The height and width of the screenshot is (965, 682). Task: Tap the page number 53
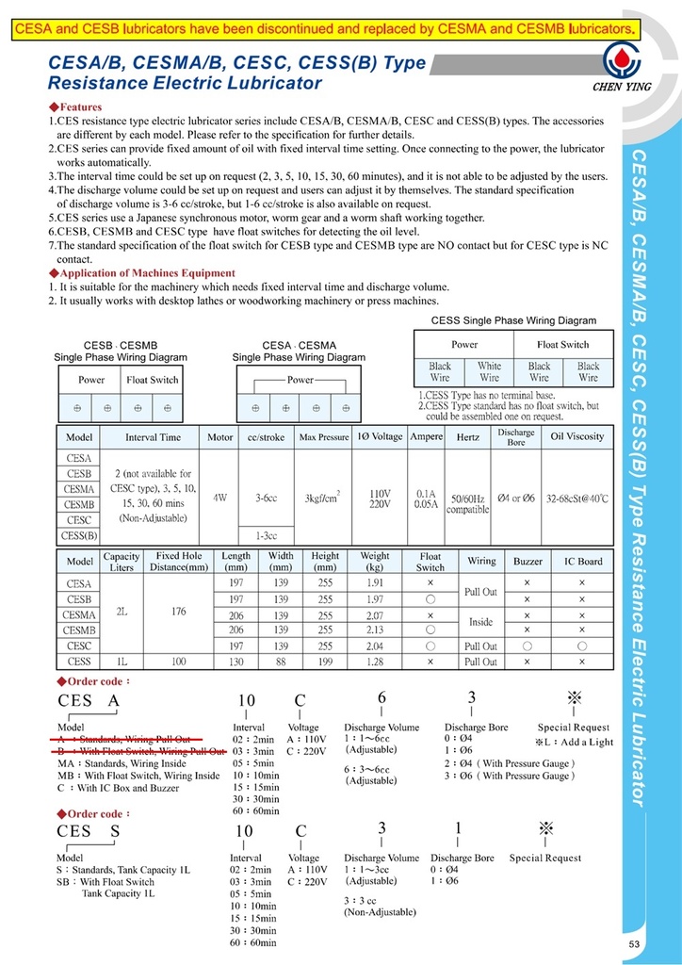(635, 944)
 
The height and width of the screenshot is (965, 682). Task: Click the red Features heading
(79, 107)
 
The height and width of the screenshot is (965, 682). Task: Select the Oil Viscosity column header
(577, 437)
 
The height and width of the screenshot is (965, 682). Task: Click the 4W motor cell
(219, 497)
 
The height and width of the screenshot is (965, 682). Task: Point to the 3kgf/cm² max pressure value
(322, 497)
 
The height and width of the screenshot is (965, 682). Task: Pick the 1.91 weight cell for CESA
(375, 584)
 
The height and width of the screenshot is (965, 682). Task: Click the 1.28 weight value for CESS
(375, 662)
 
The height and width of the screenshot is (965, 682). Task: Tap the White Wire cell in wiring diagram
(489, 371)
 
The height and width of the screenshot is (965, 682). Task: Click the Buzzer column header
(528, 562)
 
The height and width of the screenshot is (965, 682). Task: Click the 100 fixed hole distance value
(178, 662)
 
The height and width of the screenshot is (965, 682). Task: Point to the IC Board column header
(582, 562)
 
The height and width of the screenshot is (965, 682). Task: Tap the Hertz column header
(467, 437)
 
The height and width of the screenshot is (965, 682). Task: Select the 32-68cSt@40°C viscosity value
(577, 497)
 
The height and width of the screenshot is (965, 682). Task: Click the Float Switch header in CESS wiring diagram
(562, 345)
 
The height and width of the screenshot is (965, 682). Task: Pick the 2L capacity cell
(122, 612)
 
